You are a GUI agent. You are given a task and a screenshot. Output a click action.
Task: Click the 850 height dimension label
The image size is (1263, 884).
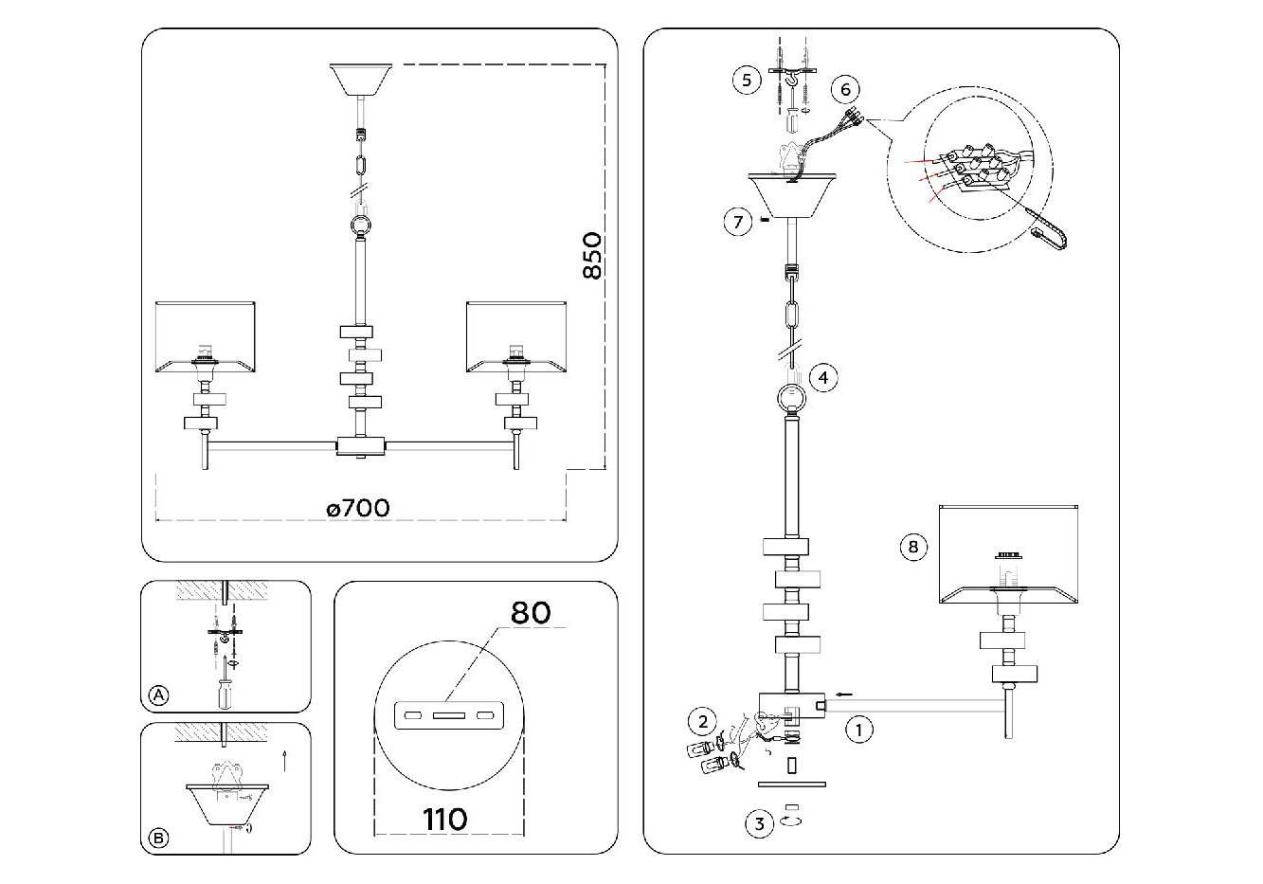coord(592,255)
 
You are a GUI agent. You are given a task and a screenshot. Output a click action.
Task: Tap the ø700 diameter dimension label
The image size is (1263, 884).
coord(358,508)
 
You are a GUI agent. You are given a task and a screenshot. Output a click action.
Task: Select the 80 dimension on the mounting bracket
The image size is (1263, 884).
coord(531,612)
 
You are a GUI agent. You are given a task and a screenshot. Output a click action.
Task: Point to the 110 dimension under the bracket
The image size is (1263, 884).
coord(445,818)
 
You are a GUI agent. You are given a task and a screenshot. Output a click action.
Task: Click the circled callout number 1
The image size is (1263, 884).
coord(858,731)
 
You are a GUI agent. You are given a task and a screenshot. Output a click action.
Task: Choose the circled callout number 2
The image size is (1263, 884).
coord(702,721)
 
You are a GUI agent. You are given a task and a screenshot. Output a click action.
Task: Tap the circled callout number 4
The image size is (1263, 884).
coord(823,377)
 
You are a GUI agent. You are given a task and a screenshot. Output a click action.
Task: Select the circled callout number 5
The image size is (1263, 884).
coord(747,80)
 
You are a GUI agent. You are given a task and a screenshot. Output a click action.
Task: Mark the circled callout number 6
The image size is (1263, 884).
coord(845,89)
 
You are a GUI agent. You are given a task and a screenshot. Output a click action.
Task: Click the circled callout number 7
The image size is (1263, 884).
coord(738,223)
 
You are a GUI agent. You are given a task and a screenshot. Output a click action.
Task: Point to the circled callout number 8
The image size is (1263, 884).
coord(912,547)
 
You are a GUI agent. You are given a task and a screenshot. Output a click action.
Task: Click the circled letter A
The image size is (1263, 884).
coord(159,696)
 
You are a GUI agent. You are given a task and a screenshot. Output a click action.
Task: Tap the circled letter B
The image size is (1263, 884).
coord(159,838)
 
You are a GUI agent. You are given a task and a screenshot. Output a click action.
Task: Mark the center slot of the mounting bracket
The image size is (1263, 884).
coord(445,713)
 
